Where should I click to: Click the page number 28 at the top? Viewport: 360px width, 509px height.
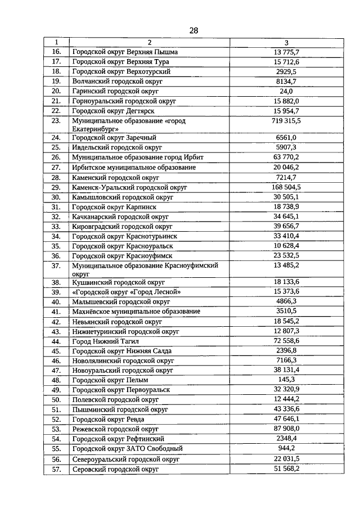pyautogui.click(x=193, y=30)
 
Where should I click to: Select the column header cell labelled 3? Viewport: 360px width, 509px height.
pyautogui.click(x=286, y=42)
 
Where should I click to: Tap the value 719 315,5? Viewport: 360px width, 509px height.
pyautogui.click(x=286, y=121)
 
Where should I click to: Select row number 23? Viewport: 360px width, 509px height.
pyautogui.click(x=56, y=121)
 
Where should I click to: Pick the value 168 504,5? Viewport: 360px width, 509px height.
pyautogui.click(x=286, y=187)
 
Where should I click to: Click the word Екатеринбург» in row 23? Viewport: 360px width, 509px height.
pyautogui.click(x=93, y=129)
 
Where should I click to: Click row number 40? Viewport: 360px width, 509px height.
pyautogui.click(x=56, y=301)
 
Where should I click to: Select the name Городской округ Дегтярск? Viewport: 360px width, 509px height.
pyautogui.click(x=114, y=111)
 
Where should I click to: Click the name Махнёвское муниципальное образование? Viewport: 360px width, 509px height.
pyautogui.click(x=136, y=312)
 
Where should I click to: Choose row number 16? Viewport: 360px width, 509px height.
pyautogui.click(x=56, y=52)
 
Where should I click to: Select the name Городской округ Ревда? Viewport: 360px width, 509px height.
pyautogui.click(x=108, y=420)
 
